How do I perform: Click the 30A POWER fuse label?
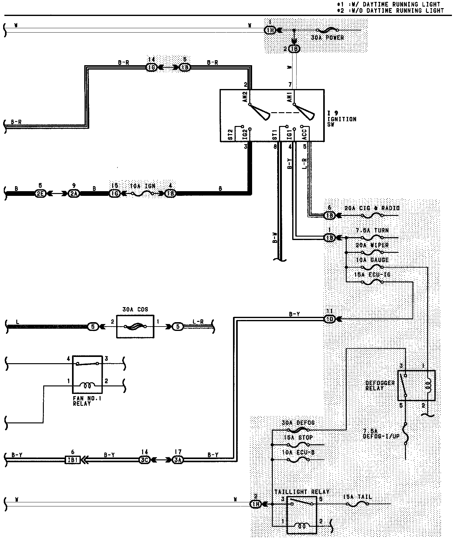click(327, 38)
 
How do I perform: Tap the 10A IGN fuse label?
click(142, 186)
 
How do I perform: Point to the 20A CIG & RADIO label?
click(372, 208)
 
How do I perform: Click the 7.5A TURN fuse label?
click(372, 230)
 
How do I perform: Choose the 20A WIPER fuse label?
click(372, 245)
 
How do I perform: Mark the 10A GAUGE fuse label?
click(372, 260)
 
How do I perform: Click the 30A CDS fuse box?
click(135, 327)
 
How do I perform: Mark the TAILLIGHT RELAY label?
click(302, 492)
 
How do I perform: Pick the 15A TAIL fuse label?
click(357, 497)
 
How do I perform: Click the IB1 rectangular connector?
click(73, 460)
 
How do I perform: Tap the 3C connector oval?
click(145, 460)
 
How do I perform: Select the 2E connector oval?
click(40, 194)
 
